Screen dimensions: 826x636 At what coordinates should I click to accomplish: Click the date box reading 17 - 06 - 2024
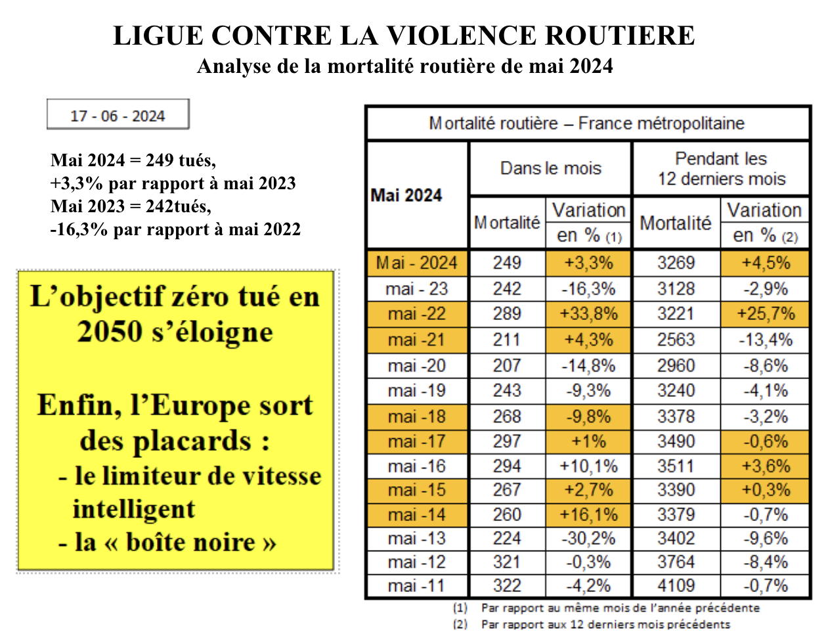click(118, 114)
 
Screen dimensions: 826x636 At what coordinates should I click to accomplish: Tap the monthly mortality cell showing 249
click(507, 263)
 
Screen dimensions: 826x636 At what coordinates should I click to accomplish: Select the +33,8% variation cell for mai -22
click(588, 314)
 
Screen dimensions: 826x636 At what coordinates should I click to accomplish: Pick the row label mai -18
click(417, 417)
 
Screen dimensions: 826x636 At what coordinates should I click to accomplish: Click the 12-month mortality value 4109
click(676, 586)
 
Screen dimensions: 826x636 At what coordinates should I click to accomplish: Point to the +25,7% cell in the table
click(766, 314)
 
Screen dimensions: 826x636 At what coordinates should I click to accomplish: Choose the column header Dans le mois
click(550, 168)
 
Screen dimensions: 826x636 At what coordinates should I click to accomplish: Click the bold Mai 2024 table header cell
click(417, 195)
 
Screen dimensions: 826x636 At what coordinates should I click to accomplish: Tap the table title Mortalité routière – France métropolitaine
click(586, 124)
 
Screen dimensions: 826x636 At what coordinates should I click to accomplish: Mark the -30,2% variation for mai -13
click(588, 539)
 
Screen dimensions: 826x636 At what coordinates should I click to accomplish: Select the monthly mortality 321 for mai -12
click(507, 562)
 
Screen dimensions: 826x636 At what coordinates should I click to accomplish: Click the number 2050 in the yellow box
click(110, 331)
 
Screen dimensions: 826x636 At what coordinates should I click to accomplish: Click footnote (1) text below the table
click(606, 608)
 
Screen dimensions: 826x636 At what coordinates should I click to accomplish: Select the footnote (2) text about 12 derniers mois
click(592, 624)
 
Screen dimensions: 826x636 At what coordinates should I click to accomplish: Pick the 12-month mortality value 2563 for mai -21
click(676, 340)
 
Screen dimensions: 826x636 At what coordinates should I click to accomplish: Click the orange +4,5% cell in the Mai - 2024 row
click(766, 263)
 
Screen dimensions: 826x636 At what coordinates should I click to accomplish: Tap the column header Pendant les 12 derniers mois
click(721, 168)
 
